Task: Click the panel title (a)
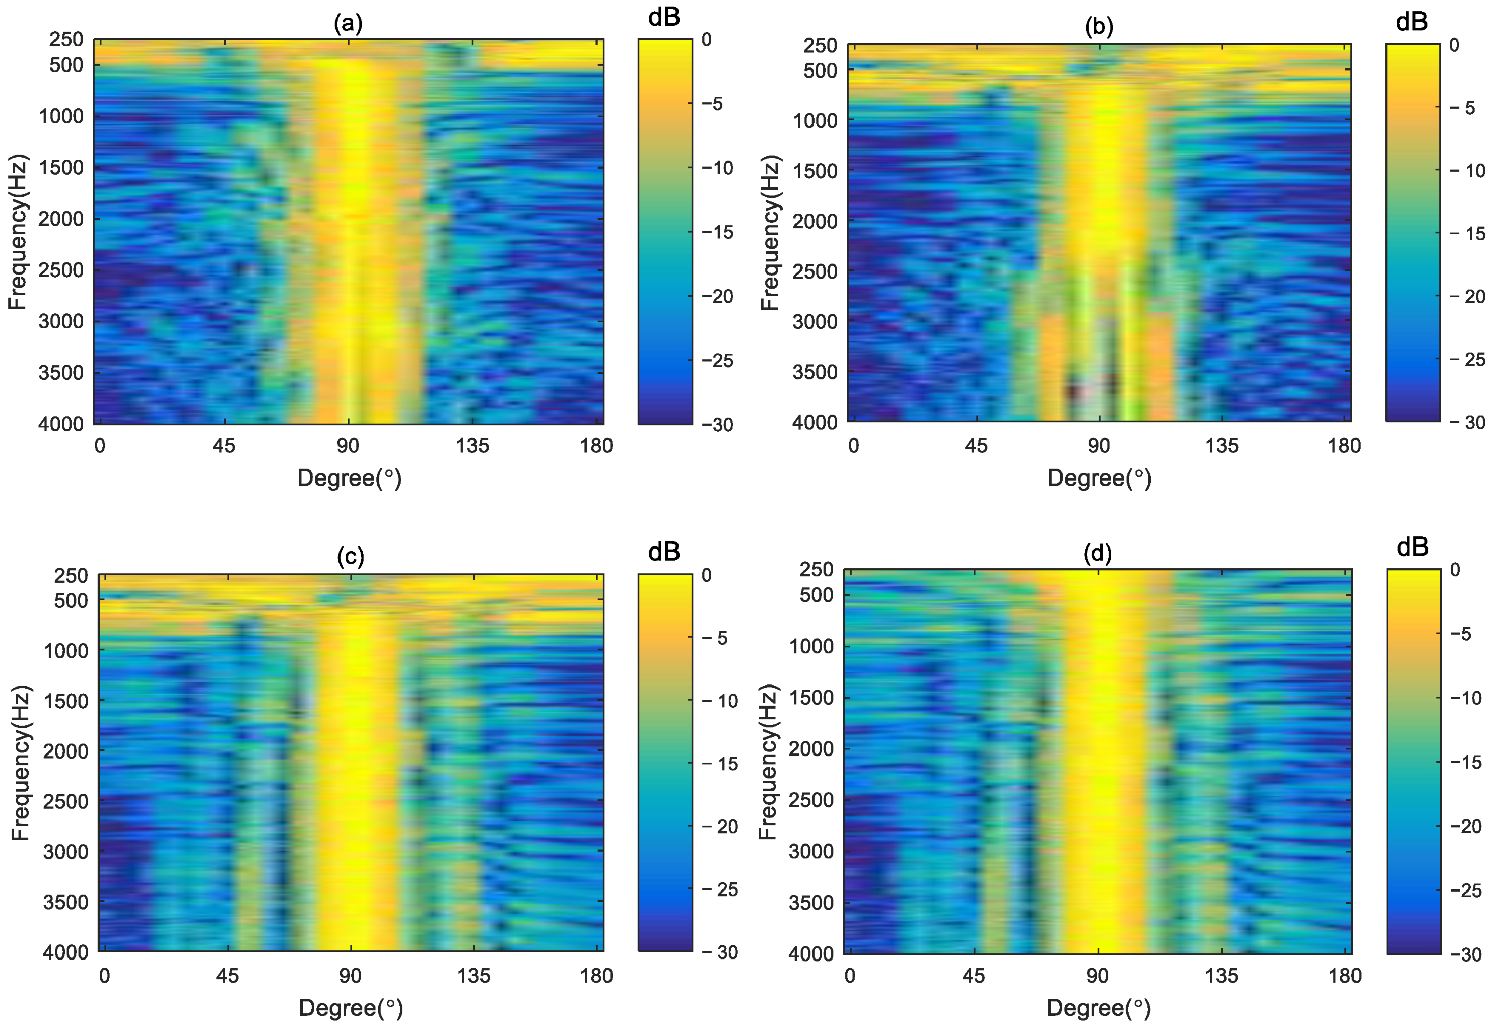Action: [348, 24]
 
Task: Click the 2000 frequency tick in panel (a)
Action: [60, 219]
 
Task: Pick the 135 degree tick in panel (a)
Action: [473, 446]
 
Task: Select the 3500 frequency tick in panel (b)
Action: [815, 372]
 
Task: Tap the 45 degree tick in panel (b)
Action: [976, 446]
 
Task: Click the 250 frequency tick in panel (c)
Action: [71, 575]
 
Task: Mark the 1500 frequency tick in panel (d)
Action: [811, 698]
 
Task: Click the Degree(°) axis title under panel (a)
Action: [349, 478]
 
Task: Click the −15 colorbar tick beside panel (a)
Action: [717, 232]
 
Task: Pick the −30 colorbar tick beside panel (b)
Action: [1467, 423]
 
